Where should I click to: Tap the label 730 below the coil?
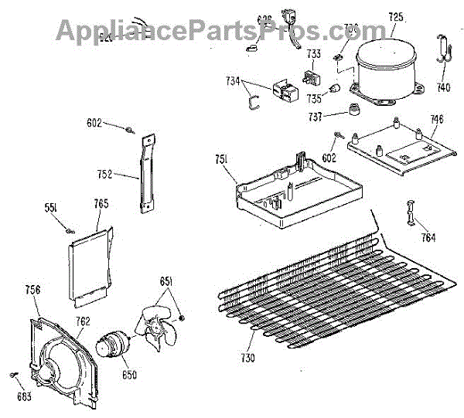(x=247, y=357)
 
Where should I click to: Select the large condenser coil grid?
(x=333, y=294)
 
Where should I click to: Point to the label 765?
(x=101, y=204)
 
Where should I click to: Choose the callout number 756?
(x=32, y=290)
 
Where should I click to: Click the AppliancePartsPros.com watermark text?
(x=220, y=31)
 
